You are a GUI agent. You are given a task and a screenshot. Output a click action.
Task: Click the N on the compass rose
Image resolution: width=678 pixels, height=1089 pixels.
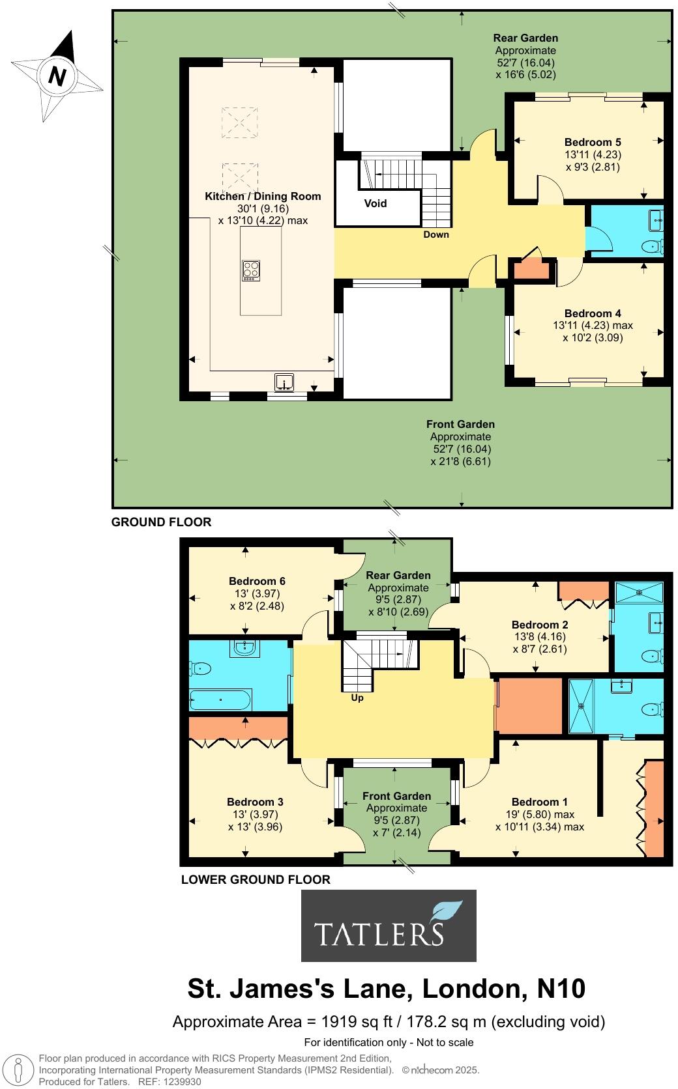57,76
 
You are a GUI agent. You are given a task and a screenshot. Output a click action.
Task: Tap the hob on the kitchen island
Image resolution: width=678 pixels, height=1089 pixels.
252,270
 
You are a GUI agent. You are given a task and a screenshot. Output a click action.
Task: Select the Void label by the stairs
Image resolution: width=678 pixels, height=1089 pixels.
376,203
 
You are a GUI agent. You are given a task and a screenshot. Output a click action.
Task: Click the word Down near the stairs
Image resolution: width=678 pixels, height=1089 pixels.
435,234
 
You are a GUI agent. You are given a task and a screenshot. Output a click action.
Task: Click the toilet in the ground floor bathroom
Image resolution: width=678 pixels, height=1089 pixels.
650,246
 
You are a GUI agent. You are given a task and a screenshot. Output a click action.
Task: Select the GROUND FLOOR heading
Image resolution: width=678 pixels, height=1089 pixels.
162,522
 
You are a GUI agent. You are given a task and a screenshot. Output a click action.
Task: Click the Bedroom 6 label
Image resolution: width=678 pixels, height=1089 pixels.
257,581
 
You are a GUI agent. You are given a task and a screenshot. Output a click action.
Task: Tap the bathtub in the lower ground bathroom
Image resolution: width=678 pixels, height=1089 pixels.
220,700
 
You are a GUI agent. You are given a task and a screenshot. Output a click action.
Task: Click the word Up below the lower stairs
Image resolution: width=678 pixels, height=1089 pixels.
357,698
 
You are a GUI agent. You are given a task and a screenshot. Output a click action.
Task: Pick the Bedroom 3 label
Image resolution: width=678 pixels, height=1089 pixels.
255,802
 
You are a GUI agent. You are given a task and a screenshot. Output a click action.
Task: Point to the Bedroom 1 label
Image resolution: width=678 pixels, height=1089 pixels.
535,802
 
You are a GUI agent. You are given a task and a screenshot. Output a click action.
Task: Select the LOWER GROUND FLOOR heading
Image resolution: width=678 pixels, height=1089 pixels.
256,879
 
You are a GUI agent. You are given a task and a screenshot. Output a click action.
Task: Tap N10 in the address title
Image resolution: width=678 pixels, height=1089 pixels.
561,988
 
